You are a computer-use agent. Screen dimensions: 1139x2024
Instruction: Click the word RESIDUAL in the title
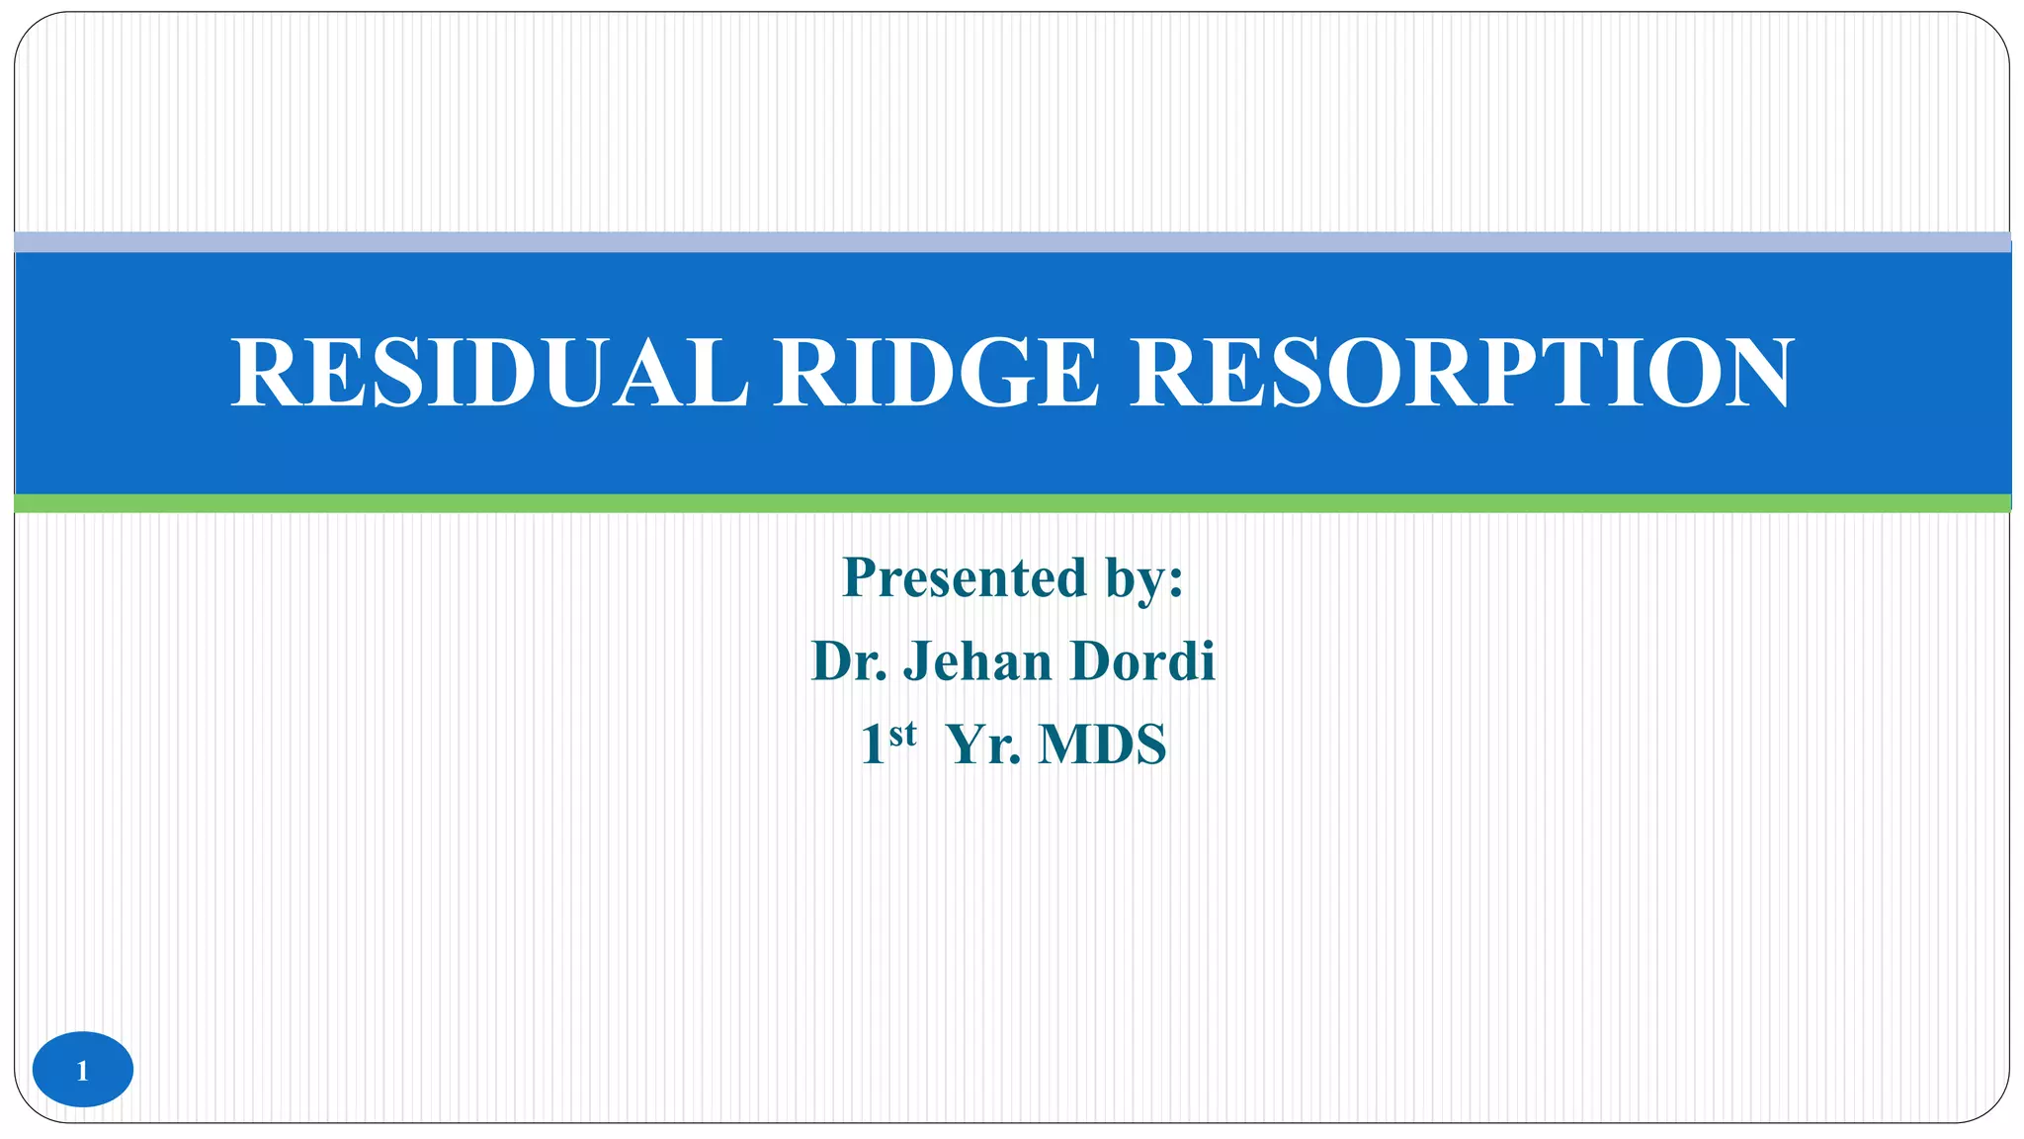click(x=489, y=373)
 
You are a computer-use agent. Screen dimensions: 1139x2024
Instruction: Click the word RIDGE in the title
click(x=936, y=373)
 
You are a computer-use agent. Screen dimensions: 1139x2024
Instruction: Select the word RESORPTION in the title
click(x=1461, y=373)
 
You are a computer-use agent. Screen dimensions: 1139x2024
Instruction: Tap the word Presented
click(x=964, y=577)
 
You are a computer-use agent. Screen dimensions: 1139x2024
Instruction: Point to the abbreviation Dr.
click(x=849, y=661)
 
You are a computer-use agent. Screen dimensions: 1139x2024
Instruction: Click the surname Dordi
click(x=1142, y=661)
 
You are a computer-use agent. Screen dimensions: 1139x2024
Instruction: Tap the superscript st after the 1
click(x=902, y=734)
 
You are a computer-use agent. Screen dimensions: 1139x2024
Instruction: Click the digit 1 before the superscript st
click(x=873, y=745)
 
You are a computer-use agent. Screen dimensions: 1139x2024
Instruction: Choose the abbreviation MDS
click(x=1102, y=745)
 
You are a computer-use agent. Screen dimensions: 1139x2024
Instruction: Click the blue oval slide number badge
click(x=83, y=1070)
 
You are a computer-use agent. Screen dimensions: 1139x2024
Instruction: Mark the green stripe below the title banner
click(x=1012, y=503)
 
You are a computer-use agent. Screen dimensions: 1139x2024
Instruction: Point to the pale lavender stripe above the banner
click(x=1012, y=242)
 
